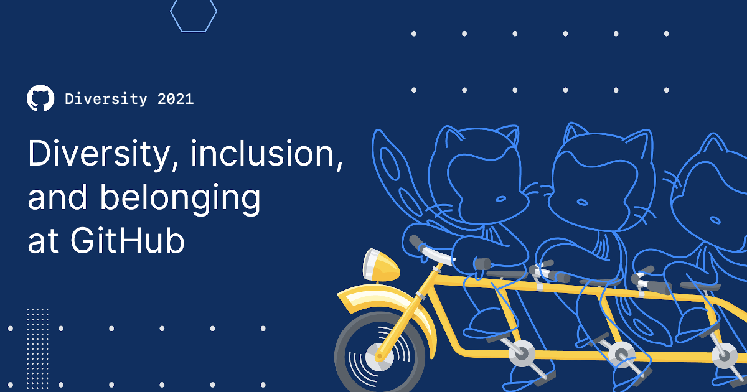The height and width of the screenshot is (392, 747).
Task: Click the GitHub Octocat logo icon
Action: [40, 98]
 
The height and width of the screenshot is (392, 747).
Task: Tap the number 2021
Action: [176, 99]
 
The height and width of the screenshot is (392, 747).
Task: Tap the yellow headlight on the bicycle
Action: [380, 266]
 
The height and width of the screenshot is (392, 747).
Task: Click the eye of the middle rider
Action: [581, 201]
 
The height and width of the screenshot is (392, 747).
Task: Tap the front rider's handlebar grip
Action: [416, 243]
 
